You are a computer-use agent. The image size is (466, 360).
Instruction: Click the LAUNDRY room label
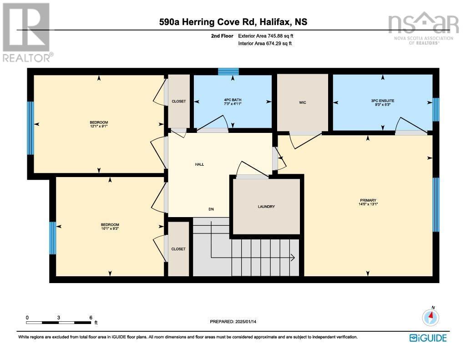pos(266,207)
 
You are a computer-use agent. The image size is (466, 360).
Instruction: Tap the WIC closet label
pos(303,102)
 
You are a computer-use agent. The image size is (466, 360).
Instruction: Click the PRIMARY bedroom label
pos(368,200)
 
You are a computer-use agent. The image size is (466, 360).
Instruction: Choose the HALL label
pos(200,164)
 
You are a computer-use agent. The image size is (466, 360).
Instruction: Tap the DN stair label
pos(211,209)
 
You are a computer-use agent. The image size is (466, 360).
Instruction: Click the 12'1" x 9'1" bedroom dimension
pos(99,127)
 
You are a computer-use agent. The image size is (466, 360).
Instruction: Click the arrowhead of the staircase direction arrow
pos(292,258)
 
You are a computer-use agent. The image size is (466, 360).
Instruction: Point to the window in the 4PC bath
pos(228,71)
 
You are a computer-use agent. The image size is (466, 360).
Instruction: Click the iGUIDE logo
pos(428,338)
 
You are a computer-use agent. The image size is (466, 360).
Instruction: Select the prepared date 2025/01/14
pos(249,322)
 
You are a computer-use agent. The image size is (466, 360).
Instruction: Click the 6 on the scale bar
pos(91,318)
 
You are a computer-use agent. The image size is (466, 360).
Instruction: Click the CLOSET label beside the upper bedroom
pos(178,101)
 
